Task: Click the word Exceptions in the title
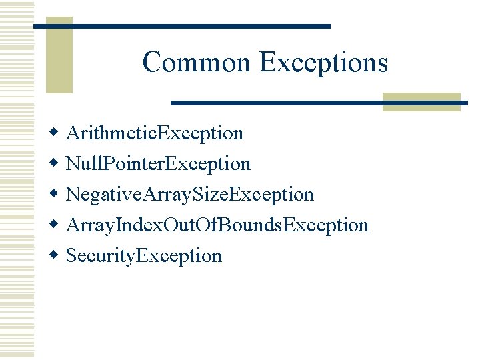click(x=323, y=63)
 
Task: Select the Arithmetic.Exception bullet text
click(x=155, y=133)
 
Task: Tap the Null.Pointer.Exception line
click(x=158, y=164)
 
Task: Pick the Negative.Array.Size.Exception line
click(x=190, y=195)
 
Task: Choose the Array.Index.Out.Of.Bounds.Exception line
click(x=217, y=225)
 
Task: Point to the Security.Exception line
click(x=144, y=256)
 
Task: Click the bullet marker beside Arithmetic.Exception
click(x=56, y=133)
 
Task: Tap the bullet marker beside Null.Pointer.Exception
click(x=56, y=164)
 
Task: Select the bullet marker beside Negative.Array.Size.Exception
click(x=56, y=195)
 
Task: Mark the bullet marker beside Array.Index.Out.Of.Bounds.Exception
click(x=56, y=225)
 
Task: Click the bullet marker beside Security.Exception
click(x=56, y=256)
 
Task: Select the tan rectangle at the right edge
click(x=421, y=101)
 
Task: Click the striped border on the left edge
click(x=16, y=180)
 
